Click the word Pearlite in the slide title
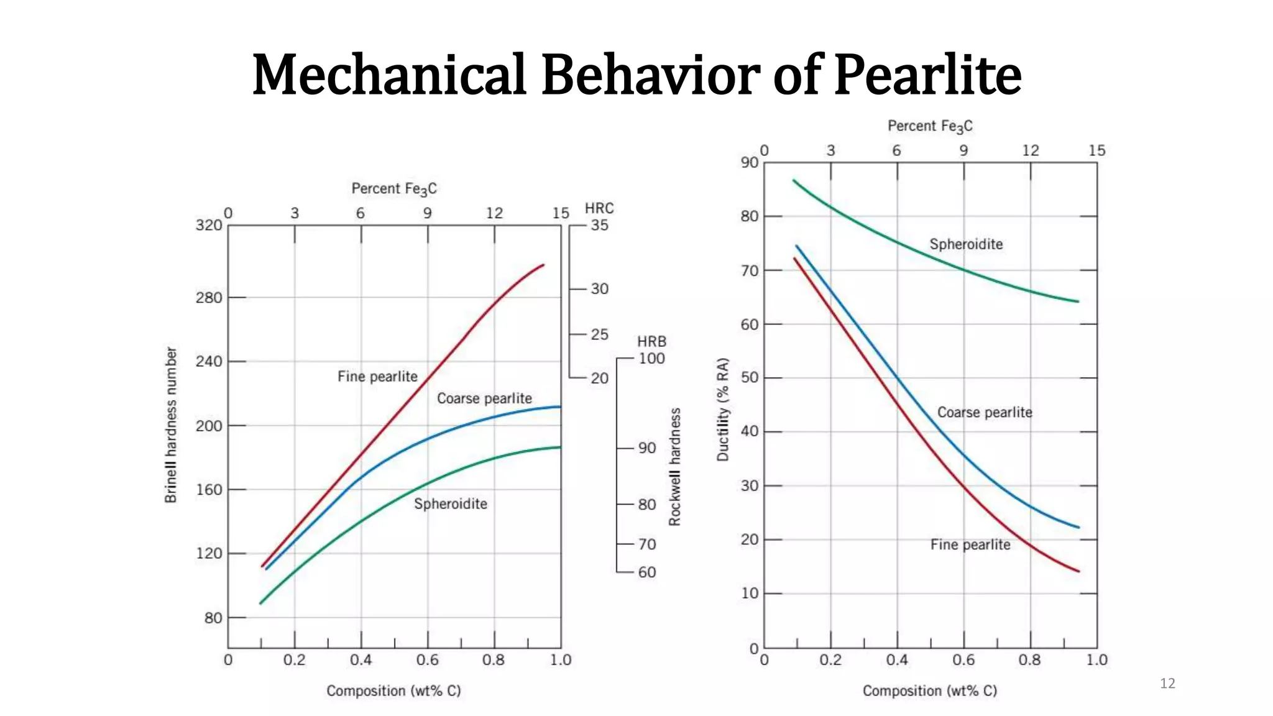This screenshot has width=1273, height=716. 927,75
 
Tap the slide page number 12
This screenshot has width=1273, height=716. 1167,684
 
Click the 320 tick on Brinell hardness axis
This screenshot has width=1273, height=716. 209,225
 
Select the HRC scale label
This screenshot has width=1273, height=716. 599,208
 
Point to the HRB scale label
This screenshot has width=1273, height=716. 651,341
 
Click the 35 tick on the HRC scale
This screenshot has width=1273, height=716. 599,225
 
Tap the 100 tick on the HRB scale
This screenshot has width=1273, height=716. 651,359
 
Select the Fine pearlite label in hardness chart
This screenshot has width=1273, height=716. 377,377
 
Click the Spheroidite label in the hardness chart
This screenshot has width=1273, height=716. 451,504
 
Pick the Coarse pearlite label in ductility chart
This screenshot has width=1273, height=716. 985,413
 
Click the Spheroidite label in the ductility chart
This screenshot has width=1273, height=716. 966,244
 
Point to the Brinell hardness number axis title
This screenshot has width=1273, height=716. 171,425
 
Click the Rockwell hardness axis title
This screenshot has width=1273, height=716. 675,467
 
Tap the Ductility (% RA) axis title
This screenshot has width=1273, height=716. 722,410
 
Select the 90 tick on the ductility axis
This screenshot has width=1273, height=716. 750,162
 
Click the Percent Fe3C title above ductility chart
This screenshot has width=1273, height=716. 930,126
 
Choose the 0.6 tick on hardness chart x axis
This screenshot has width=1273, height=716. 427,660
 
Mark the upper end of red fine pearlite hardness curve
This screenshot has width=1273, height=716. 543,265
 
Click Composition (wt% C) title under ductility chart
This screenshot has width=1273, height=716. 930,691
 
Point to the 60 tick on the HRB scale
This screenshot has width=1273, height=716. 646,572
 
